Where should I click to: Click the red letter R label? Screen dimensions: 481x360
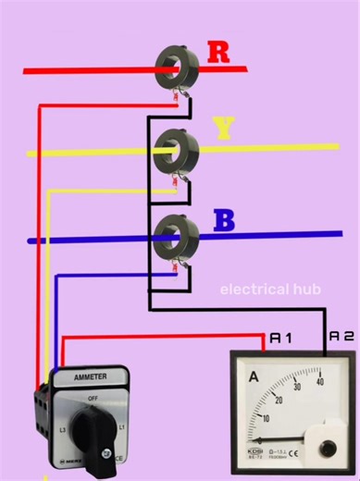[x=218, y=52]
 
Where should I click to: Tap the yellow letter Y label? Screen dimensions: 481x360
[x=223, y=129]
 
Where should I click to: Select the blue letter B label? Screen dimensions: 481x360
[x=223, y=221]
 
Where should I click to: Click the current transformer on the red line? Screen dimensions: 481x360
[x=175, y=63]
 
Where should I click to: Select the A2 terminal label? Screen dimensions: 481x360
[x=342, y=338]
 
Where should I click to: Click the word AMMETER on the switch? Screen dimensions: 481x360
[x=90, y=377]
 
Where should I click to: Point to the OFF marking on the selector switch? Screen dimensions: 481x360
[x=93, y=399]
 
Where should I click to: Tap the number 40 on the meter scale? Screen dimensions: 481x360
[x=319, y=380]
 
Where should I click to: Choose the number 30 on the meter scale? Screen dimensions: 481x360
[x=297, y=388]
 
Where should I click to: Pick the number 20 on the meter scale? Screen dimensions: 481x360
[x=278, y=401]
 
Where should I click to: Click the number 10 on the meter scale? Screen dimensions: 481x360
[x=266, y=419]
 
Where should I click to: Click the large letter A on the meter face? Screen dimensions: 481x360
[x=254, y=376]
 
